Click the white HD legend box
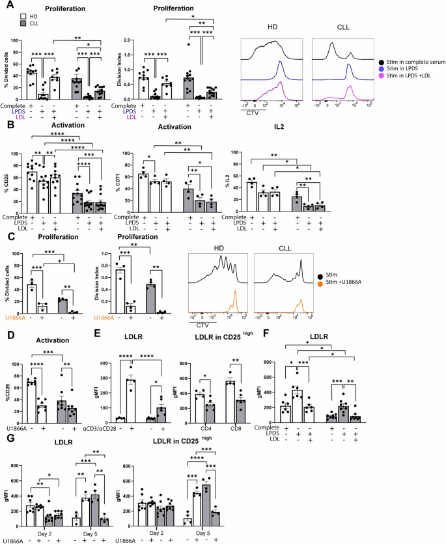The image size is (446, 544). click(14, 14)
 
